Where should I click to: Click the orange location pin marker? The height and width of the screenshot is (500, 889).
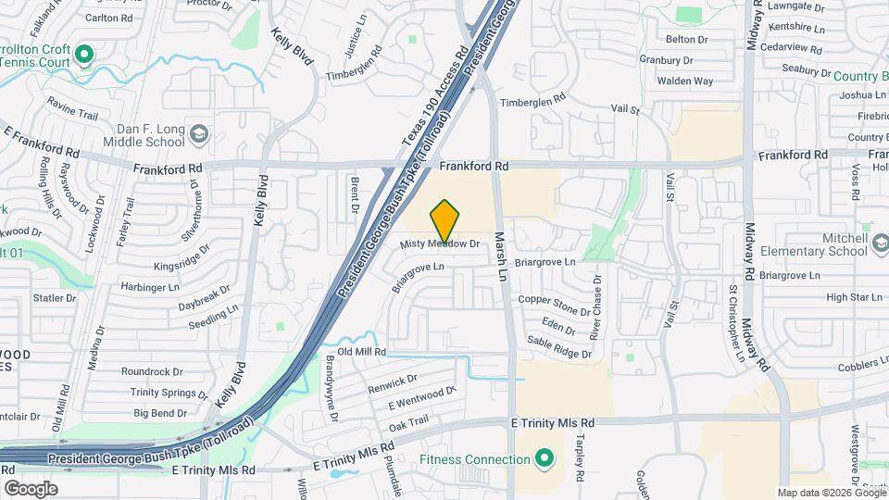445,220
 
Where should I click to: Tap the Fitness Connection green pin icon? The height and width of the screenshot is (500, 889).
545,459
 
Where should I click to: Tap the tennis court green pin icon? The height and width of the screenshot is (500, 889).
85,55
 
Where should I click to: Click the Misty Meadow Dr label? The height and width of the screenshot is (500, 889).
440,244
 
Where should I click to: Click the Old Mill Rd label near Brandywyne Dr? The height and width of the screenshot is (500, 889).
361,352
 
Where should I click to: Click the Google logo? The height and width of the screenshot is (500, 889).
31,489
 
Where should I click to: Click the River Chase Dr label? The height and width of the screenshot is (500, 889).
598,306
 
